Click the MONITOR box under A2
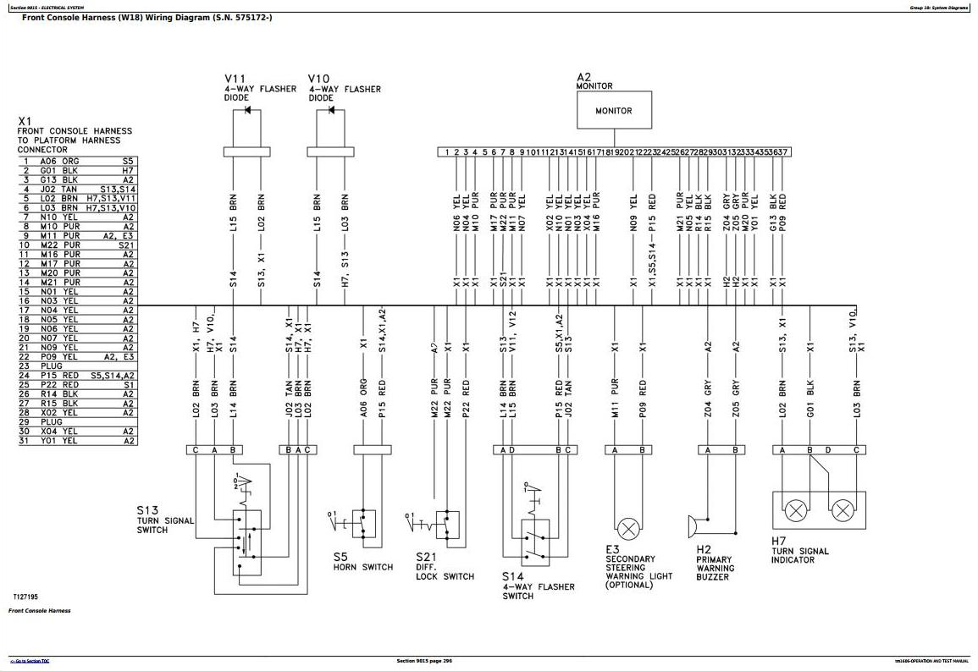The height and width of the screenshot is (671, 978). click(x=614, y=111)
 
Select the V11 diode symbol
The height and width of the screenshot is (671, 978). click(x=246, y=111)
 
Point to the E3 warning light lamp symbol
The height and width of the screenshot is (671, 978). click(x=627, y=530)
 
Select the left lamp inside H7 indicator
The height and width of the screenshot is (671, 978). click(x=796, y=510)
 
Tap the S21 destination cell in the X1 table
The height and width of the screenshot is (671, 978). click(x=126, y=245)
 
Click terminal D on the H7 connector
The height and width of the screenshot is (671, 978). click(x=828, y=450)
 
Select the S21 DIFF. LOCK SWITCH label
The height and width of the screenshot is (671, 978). click(x=445, y=566)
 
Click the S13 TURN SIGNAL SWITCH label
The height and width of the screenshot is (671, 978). click(x=164, y=520)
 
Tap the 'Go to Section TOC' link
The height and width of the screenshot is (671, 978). click(x=30, y=661)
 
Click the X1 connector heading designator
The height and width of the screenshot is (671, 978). click(x=25, y=121)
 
